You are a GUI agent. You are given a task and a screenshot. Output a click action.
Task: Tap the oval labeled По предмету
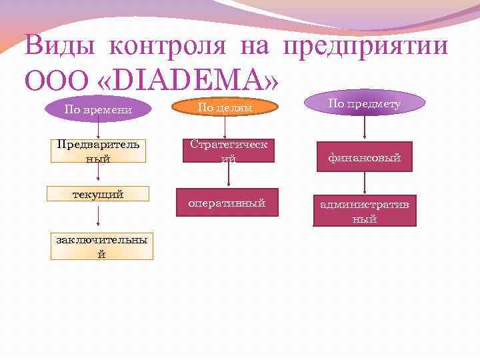click(x=364, y=103)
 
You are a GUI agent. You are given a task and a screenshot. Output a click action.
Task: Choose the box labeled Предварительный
click(x=98, y=152)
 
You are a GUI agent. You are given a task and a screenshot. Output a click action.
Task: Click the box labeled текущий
click(x=98, y=194)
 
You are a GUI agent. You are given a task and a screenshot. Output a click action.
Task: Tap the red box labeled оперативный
click(x=227, y=203)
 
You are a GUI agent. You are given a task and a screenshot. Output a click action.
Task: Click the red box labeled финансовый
click(x=363, y=158)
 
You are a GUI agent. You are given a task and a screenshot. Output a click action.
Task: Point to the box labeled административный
click(x=366, y=211)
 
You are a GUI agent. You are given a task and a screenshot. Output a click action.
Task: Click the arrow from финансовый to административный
click(x=363, y=185)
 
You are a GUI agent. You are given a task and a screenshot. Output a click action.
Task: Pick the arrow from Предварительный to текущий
click(x=99, y=173)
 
